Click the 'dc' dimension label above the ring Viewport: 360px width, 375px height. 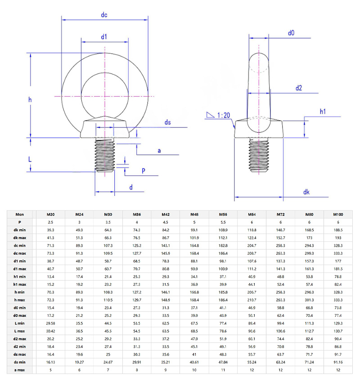[x=104, y=15]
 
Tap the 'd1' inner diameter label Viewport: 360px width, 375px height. [x=104, y=36]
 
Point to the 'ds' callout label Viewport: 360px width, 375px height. [x=167, y=122]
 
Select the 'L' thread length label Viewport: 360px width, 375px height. [x=30, y=159]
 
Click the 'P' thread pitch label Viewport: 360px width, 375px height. [x=143, y=171]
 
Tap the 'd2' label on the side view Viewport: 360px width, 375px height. [x=299, y=88]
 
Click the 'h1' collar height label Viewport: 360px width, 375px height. [x=323, y=111]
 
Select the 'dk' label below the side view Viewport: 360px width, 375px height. [x=306, y=192]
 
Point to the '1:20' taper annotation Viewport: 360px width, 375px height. [x=224, y=115]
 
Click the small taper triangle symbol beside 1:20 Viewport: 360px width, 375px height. [x=210, y=115]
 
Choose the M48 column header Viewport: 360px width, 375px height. [x=194, y=214]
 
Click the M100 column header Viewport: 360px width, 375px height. [x=338, y=214]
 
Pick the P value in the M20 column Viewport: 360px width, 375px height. [x=51, y=222]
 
